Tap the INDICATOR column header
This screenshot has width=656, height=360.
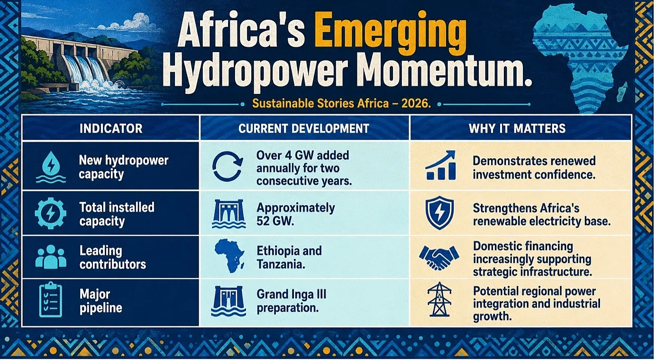coord(111,128)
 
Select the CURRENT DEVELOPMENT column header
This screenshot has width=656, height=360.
coord(304,128)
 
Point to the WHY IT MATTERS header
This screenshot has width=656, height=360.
coord(517,128)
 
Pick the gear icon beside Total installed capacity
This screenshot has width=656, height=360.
coord(51,213)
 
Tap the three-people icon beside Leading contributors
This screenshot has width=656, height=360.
coord(51,257)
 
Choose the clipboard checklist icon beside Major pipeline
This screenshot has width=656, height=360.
coord(51,299)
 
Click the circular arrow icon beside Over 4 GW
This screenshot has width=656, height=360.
coord(228,167)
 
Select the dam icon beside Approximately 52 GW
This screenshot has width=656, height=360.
coord(228,214)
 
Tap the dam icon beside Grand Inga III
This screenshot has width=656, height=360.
coord(228,301)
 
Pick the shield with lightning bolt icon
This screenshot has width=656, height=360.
coord(439,213)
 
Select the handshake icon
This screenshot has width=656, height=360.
coord(439,258)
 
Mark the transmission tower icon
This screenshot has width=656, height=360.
coord(439,299)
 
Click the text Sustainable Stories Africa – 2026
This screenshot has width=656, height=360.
coord(341,104)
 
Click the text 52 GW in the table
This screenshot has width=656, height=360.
coord(275,221)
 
